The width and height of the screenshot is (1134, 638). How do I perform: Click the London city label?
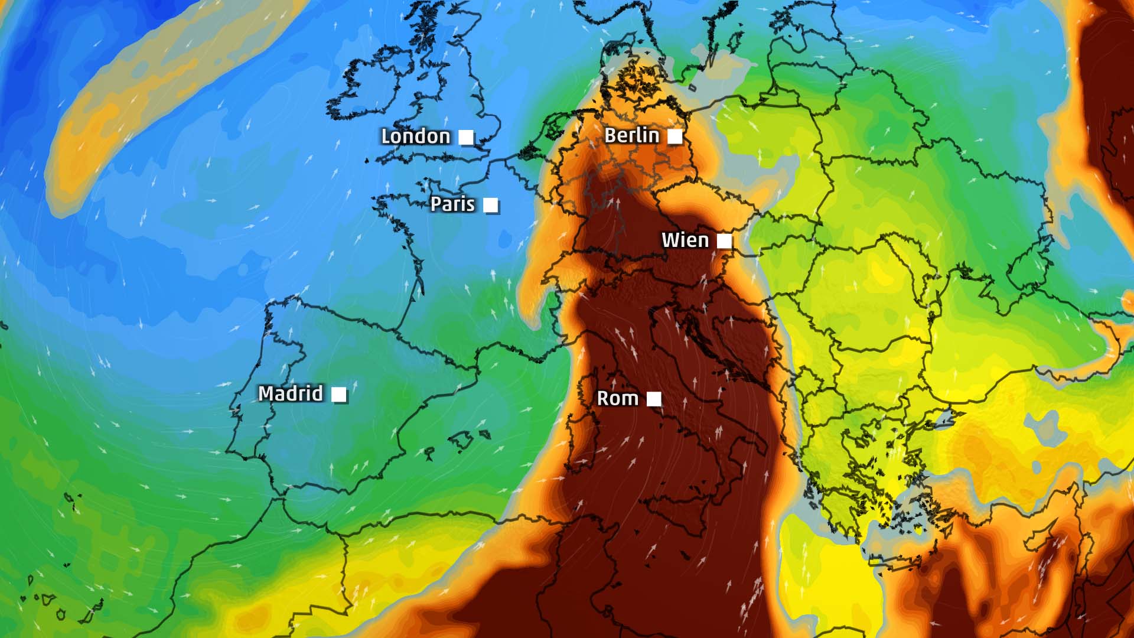415,136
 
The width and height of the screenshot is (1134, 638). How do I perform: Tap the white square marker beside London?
467,138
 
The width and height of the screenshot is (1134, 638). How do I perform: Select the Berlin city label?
631,135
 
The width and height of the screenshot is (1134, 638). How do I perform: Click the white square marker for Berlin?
674,137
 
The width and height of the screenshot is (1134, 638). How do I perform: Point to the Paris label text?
452,204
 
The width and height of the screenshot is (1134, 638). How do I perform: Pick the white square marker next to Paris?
490,205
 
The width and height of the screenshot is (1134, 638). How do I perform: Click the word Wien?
685,240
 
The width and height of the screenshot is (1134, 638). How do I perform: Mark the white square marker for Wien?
724,241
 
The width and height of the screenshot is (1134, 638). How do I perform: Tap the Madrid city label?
291,393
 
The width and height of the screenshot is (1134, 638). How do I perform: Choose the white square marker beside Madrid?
339,394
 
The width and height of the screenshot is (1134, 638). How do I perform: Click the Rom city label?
617,398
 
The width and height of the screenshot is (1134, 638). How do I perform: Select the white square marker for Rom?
654,399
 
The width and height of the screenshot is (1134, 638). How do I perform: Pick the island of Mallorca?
461,440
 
